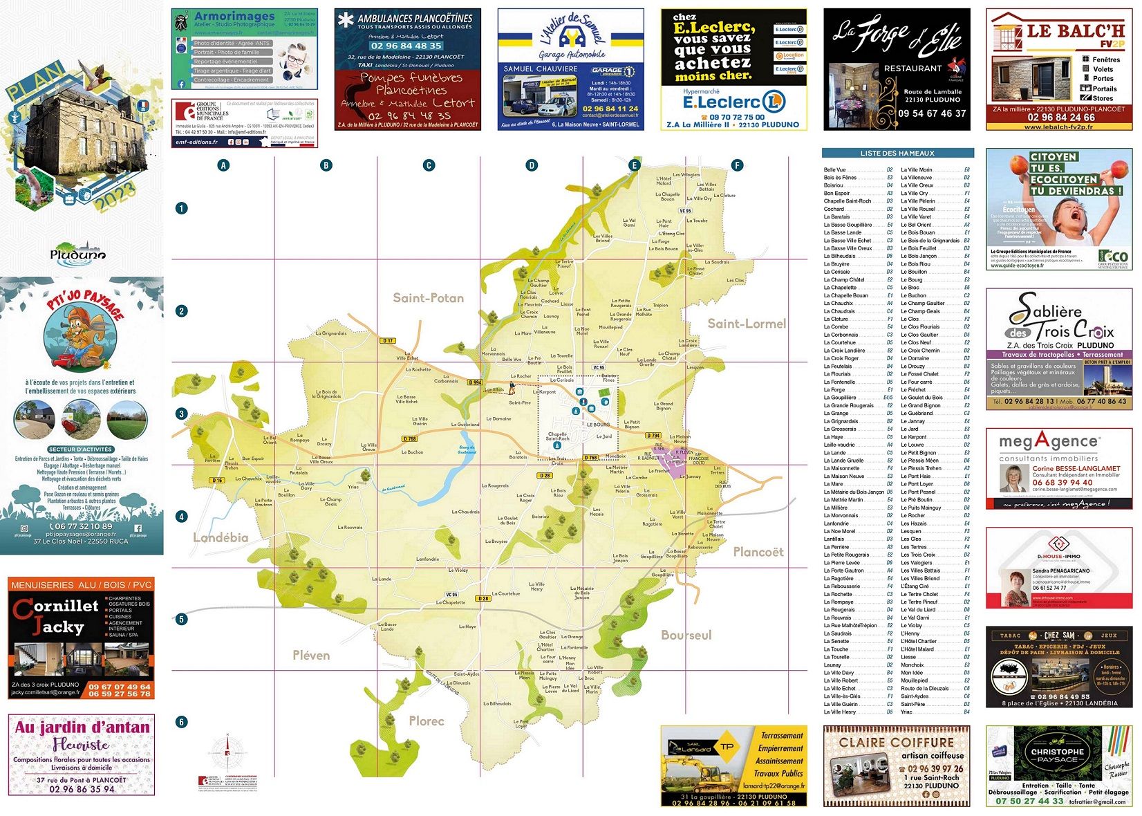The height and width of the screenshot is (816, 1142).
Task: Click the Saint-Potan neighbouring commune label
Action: coord(428,298)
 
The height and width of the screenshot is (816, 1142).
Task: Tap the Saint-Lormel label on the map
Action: coord(747,324)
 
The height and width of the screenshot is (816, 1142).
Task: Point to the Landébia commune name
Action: coord(221,537)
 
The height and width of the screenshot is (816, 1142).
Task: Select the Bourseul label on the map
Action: coord(686,635)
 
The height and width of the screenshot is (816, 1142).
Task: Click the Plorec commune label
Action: coord(426,721)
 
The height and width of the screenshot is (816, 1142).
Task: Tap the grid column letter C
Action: coord(429,165)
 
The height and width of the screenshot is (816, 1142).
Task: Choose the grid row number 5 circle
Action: coord(181,619)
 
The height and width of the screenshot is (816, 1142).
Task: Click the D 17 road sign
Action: coord(388,340)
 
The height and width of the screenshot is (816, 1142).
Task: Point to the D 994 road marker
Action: coord(475,382)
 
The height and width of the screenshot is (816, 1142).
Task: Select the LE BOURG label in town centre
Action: coord(598,425)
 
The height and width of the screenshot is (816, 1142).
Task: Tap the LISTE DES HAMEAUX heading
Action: coord(897,154)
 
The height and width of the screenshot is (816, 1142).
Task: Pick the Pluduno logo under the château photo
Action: coord(77,253)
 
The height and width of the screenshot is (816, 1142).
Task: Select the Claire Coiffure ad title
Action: coord(896,742)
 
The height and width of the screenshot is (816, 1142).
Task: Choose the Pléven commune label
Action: coord(311,655)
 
